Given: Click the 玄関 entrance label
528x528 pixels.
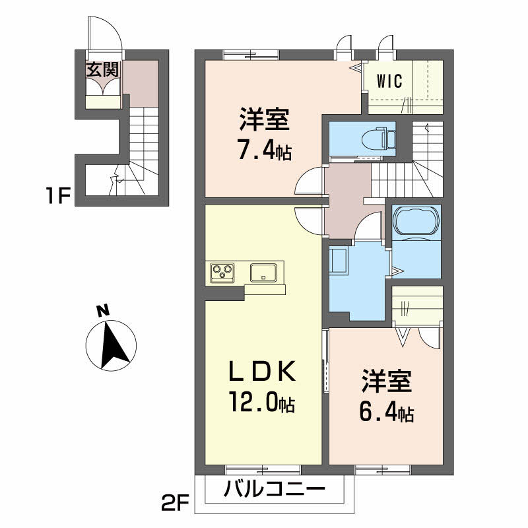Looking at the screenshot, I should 102,70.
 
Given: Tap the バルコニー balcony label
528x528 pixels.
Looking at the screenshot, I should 273,490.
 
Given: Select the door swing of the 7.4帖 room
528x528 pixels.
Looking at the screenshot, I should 310,181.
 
